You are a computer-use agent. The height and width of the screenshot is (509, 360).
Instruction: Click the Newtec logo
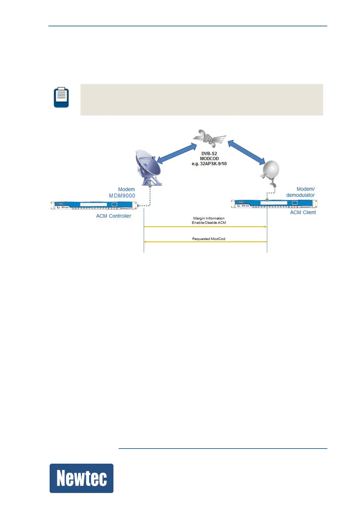pyautogui.click(x=81, y=478)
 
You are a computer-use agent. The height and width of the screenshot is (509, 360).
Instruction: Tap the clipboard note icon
pyautogui.click(x=61, y=97)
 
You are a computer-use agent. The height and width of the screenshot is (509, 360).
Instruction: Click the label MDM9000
pyautogui.click(x=122, y=196)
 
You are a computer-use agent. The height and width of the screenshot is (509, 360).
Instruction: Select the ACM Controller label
pyautogui.click(x=114, y=216)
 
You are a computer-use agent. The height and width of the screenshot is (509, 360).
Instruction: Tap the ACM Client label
pyautogui.click(x=303, y=212)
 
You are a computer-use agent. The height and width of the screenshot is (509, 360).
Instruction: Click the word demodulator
pyautogui.click(x=300, y=195)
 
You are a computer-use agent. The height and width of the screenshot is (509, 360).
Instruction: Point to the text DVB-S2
pyautogui.click(x=209, y=154)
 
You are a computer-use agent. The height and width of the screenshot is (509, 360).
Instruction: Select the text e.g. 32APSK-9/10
pyautogui.click(x=209, y=164)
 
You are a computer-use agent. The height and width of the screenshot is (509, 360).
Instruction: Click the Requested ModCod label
pyautogui.click(x=209, y=239)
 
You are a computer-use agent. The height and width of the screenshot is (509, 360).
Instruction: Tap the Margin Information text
pyautogui.click(x=209, y=218)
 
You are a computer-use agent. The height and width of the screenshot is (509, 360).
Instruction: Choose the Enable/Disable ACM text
pyautogui.click(x=209, y=223)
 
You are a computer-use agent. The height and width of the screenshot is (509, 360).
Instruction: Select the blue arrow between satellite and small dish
pyautogui.click(x=246, y=152)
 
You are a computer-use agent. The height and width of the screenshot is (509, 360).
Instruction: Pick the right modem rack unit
pyautogui.click(x=274, y=204)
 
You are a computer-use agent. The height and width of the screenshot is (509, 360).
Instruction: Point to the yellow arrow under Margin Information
pyautogui.click(x=205, y=227)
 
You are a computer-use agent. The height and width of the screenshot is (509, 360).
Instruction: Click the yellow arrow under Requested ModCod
pyautogui.click(x=205, y=242)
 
